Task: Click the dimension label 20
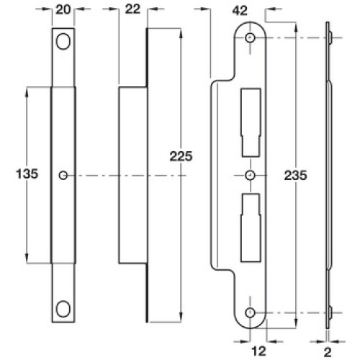[63, 10]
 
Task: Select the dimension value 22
[132, 9]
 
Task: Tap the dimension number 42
[240, 11]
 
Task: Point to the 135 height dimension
[27, 174]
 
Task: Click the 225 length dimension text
[181, 156]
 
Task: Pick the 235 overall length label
[295, 175]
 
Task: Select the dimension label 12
[258, 351]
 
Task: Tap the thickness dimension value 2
[328, 353]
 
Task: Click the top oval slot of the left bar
[63, 41]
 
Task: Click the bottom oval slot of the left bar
[63, 309]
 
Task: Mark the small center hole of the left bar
[63, 176]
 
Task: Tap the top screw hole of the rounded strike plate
[250, 38]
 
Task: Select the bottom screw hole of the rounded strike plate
[250, 312]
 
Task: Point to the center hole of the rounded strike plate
[250, 175]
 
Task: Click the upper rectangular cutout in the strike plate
[251, 122]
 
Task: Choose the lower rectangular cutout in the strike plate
[251, 228]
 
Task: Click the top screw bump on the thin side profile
[330, 38]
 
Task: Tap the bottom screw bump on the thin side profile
[330, 312]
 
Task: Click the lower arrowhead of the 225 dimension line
[181, 318]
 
